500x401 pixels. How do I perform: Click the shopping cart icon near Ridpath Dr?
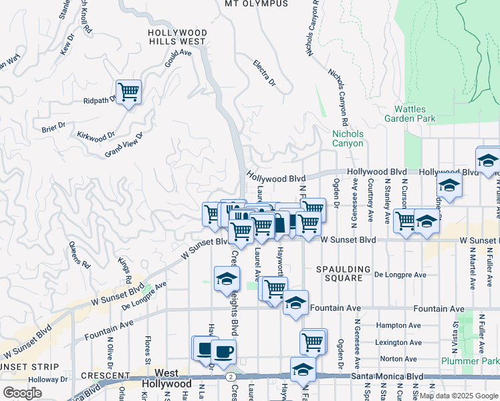tap(128, 91)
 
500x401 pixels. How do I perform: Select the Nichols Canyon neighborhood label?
tap(348, 138)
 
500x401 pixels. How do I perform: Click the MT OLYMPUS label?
tap(256, 4)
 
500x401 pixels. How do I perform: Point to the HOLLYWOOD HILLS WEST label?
tap(177, 37)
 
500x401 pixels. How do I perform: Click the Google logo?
tap(22, 392)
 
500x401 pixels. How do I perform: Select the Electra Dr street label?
tap(265, 73)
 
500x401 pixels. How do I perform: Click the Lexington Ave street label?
tap(400, 342)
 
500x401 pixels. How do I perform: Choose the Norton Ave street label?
tap(394, 359)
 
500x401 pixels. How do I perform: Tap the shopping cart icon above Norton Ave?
tap(312, 341)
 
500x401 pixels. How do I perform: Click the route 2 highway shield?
tap(230, 377)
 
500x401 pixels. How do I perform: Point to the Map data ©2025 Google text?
tap(459, 396)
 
